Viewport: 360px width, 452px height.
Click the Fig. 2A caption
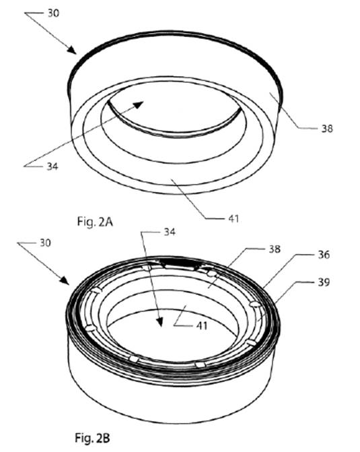(x=95, y=222)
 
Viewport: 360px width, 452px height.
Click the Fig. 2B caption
(x=92, y=438)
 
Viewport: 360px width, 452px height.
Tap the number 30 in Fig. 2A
(x=53, y=13)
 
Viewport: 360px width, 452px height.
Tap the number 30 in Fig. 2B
(x=45, y=243)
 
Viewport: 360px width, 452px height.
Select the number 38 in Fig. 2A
(x=327, y=129)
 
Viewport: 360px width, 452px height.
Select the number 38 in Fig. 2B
(x=275, y=249)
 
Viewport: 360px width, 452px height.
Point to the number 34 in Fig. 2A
(x=52, y=166)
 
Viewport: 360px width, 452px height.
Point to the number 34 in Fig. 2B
(x=170, y=232)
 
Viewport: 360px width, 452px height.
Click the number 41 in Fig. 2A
(x=233, y=219)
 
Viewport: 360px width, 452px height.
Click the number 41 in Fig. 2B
(x=202, y=326)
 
